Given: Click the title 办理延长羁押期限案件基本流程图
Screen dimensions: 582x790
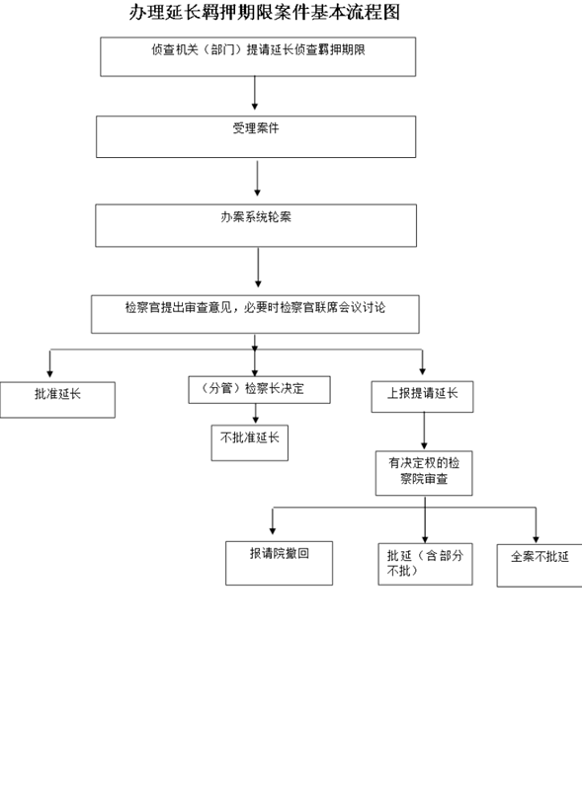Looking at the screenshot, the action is click(265, 13).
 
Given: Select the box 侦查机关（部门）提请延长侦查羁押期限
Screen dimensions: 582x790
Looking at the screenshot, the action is click(258, 56).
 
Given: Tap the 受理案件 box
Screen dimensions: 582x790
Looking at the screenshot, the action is click(256, 136).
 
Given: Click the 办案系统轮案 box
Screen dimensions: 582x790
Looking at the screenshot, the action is click(256, 225).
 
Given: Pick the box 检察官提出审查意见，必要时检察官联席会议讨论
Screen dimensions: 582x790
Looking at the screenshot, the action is click(255, 314).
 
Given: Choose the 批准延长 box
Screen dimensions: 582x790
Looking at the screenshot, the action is click(57, 400).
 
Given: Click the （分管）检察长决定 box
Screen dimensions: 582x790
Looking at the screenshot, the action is click(259, 389).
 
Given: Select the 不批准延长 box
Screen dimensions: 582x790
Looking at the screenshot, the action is click(250, 442).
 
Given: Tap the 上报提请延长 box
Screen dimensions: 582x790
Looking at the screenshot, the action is click(422, 397).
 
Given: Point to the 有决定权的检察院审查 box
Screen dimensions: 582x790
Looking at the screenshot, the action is click(424, 473).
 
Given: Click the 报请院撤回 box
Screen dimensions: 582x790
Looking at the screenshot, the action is click(279, 563).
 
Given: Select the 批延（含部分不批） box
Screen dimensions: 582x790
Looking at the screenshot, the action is click(425, 564).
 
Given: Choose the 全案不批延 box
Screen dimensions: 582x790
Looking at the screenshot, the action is click(540, 565).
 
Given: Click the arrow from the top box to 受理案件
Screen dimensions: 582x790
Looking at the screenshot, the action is click(255, 93).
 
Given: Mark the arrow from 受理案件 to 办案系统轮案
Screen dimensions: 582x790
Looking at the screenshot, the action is click(257, 179).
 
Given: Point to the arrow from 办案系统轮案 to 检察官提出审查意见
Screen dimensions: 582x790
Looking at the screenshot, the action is click(258, 267).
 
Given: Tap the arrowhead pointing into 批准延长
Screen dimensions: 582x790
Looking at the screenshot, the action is click(49, 374).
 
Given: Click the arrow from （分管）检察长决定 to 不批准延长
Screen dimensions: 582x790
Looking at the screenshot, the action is click(256, 414).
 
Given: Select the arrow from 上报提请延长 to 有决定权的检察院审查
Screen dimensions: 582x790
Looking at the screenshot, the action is click(424, 431).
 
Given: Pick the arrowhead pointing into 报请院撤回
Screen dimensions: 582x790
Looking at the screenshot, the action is click(273, 531).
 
